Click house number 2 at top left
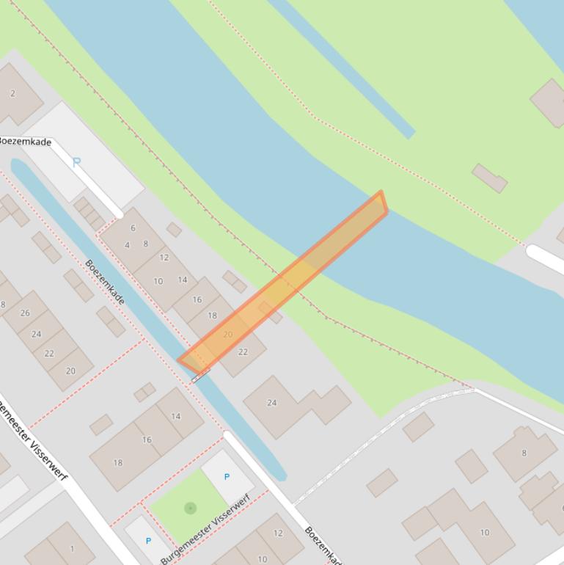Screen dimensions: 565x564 tap(12, 93)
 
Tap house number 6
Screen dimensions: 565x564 tap(133, 228)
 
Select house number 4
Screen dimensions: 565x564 tap(127, 245)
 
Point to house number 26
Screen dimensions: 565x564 tap(25, 313)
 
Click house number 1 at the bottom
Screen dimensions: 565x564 tap(72, 548)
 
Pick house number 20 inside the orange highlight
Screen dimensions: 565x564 tap(227, 335)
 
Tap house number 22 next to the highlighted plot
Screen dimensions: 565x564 tap(243, 352)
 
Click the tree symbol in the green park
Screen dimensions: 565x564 tap(191, 508)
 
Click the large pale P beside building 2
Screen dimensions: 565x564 tap(76, 162)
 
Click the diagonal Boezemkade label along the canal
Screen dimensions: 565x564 tap(104, 282)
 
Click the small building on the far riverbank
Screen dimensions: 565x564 tap(489, 178)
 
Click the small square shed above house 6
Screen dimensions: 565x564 tap(174, 230)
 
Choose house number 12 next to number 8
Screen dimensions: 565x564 tap(164, 258)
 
